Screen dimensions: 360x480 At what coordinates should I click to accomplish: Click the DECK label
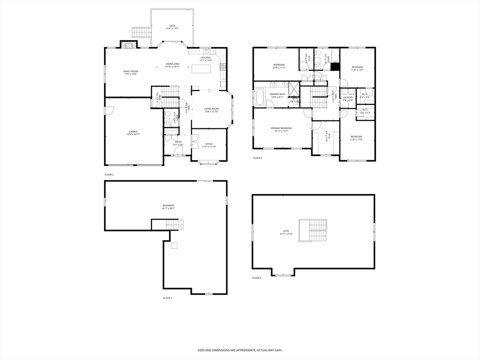[172, 26]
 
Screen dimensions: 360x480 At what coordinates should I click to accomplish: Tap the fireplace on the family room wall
[129, 45]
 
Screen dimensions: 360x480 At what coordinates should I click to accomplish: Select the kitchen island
[201, 69]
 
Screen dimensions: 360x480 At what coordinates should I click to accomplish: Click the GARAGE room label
[134, 131]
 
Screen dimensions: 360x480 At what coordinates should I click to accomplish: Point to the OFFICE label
[209, 144]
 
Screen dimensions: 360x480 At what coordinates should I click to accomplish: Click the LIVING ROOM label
[211, 109]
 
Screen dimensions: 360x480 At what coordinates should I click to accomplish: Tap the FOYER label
[178, 142]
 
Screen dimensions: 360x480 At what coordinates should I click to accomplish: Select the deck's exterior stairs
[142, 33]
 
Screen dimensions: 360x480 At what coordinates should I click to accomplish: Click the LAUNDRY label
[348, 97]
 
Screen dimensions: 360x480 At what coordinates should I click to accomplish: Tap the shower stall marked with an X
[294, 89]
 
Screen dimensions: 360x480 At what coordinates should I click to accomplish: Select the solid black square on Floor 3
[335, 67]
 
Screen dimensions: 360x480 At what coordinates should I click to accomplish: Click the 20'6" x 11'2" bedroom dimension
[279, 67]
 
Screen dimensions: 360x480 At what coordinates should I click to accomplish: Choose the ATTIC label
[286, 231]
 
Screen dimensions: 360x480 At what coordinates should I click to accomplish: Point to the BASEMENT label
[169, 205]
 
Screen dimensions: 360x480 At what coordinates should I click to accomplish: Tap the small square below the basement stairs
[174, 245]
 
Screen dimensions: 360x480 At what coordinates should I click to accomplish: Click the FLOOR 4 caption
[257, 278]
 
